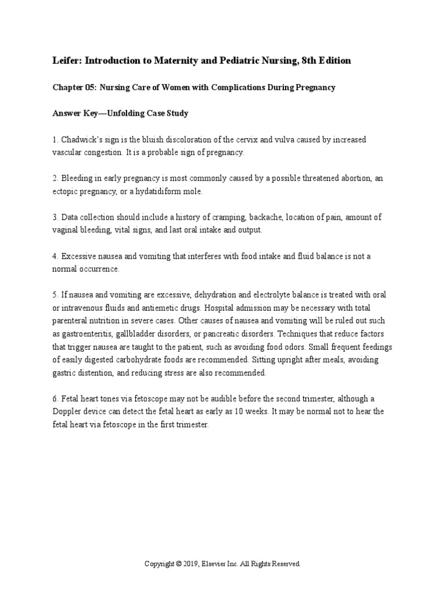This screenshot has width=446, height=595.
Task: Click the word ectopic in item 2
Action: click(x=64, y=191)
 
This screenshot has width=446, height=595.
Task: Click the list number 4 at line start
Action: click(x=55, y=256)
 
